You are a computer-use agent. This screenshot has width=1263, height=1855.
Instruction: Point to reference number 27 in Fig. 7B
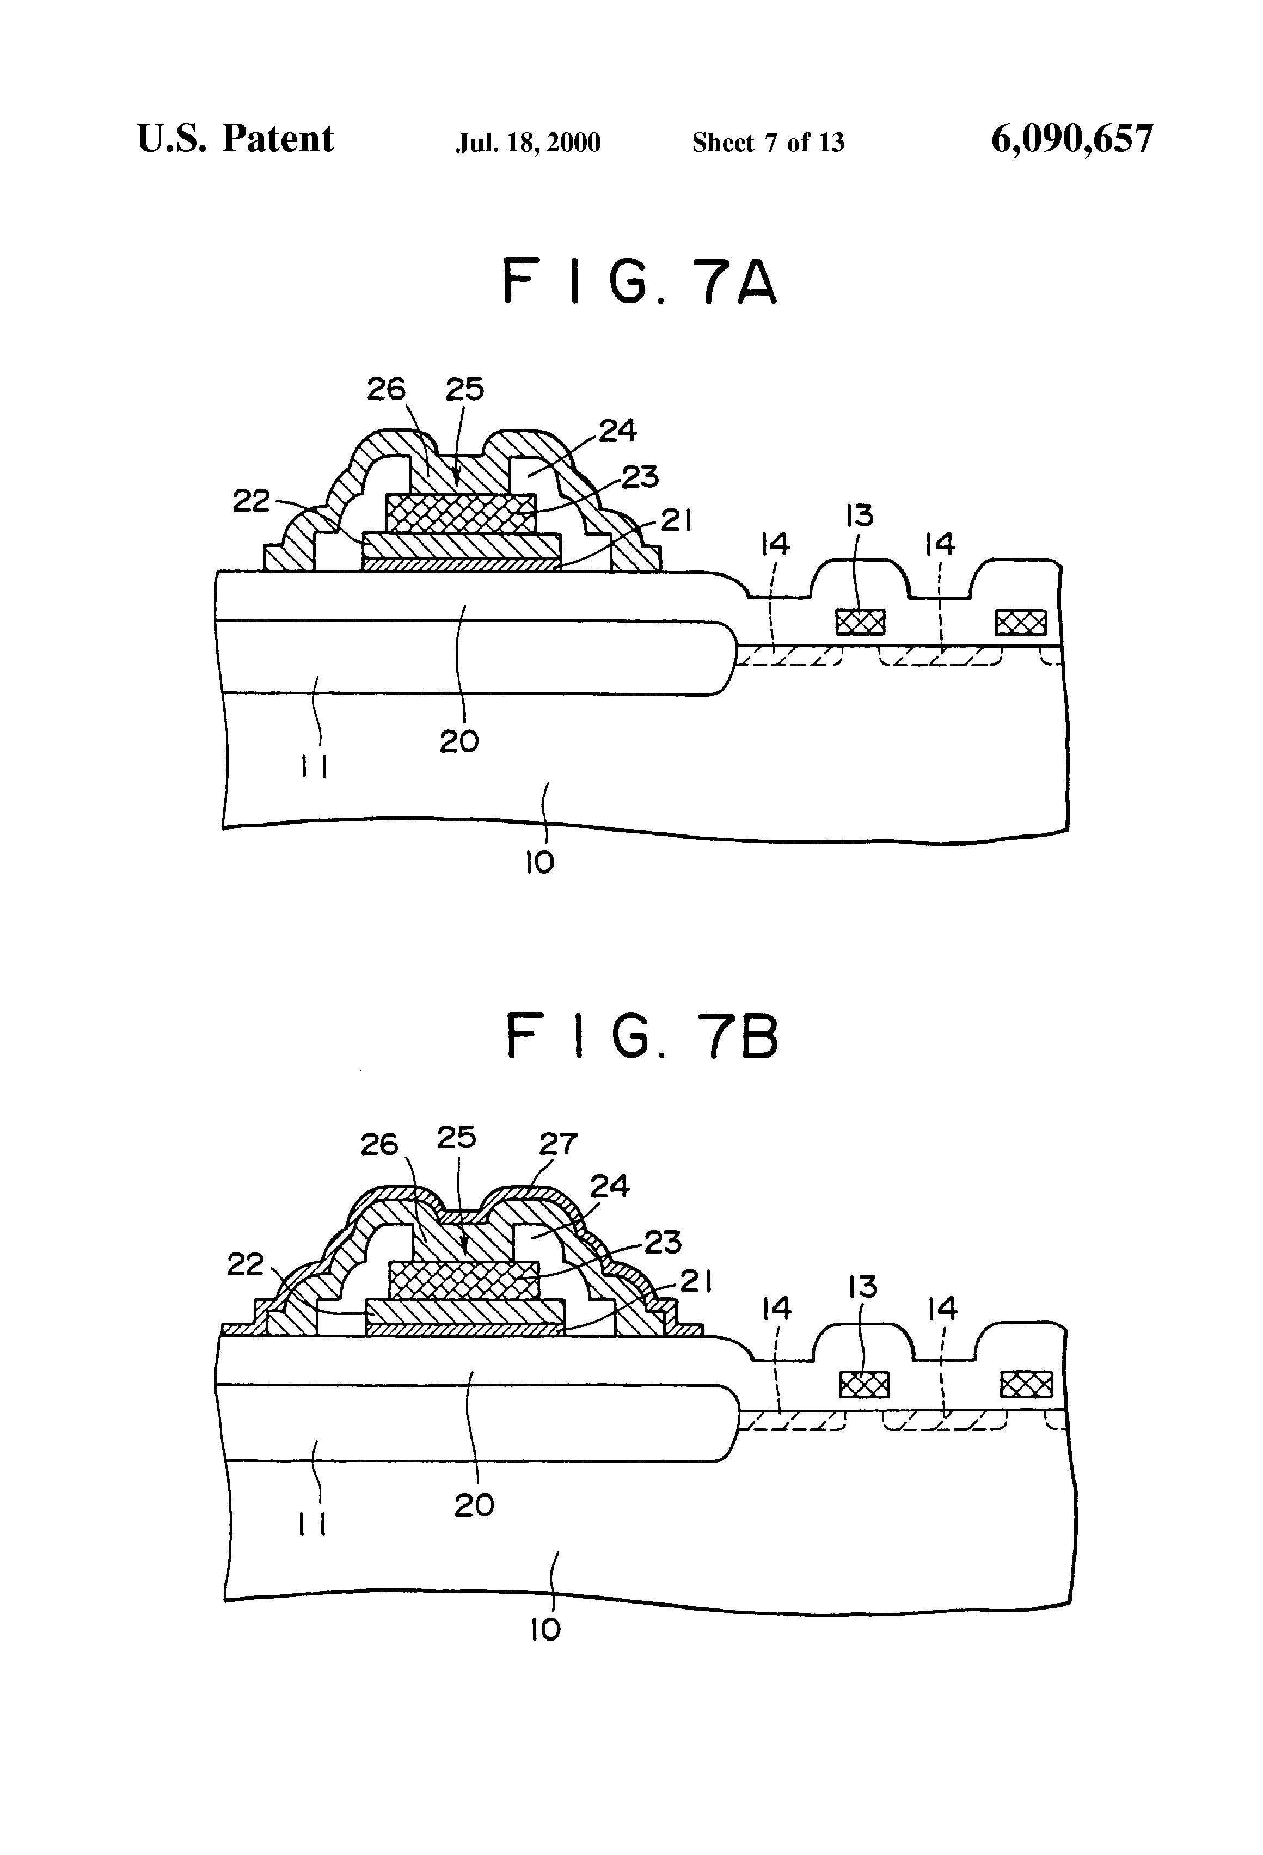[x=557, y=1144]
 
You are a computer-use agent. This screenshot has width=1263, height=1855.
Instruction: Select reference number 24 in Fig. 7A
[x=618, y=431]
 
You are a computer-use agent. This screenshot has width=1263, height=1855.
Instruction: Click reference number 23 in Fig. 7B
[x=662, y=1242]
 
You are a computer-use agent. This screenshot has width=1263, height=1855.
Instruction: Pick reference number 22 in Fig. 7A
[x=252, y=501]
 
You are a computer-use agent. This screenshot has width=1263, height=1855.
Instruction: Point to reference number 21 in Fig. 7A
[x=676, y=521]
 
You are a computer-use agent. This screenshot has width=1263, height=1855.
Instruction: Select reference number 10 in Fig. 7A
[x=539, y=862]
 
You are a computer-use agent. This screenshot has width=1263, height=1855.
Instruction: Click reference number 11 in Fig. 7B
[x=311, y=1525]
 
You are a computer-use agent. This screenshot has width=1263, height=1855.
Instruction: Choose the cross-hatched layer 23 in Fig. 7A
[x=460, y=513]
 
